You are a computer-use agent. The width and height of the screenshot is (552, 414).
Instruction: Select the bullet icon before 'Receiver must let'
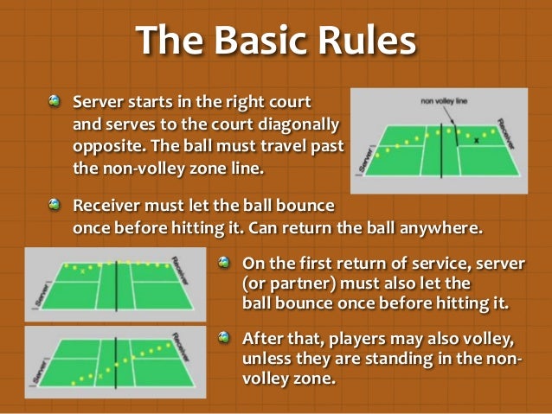(56, 206)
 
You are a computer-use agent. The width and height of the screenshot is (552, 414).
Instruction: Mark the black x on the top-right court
(477, 139)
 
